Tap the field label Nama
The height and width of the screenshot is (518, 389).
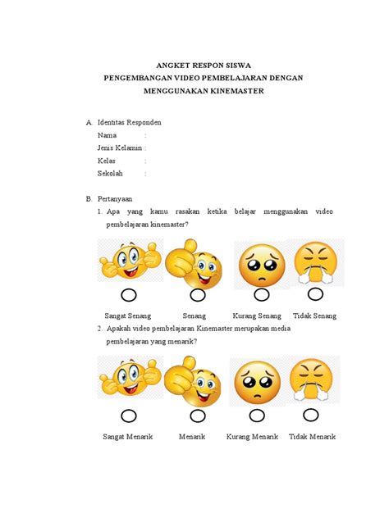point(107,135)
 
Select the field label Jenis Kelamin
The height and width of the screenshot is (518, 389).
point(120,148)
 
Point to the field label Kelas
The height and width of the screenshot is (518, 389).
point(107,161)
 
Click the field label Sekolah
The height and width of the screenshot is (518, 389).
point(110,174)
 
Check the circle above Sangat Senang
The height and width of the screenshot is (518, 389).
point(128,295)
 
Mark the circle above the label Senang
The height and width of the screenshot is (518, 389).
point(197,295)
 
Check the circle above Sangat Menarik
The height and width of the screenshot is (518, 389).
point(128,416)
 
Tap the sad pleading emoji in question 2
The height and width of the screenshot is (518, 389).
point(257,381)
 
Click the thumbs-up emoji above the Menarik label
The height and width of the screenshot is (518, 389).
point(193,384)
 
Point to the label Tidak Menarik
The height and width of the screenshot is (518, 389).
point(312,437)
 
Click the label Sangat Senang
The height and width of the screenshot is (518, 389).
point(128,316)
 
